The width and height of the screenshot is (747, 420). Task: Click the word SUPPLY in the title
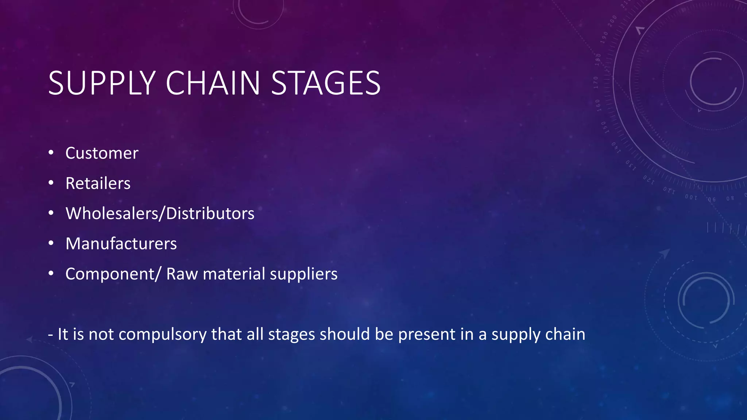pos(102,83)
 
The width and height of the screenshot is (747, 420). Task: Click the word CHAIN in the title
pos(213,83)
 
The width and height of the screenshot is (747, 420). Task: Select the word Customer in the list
pos(102,153)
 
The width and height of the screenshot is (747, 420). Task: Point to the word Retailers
pos(98,183)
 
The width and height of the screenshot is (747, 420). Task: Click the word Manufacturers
pos(121,244)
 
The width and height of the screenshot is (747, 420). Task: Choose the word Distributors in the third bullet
pos(210,214)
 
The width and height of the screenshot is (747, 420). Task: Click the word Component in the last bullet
pos(110,274)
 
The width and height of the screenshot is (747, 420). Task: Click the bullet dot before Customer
pos(51,152)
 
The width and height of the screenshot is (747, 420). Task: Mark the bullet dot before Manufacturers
pos(51,243)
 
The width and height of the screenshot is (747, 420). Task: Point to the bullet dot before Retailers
pos(51,182)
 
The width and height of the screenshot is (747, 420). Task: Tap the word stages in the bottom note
pos(291,335)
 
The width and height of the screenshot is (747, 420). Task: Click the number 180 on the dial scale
pos(598,59)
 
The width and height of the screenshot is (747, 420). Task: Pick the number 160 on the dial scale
pos(598,105)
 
